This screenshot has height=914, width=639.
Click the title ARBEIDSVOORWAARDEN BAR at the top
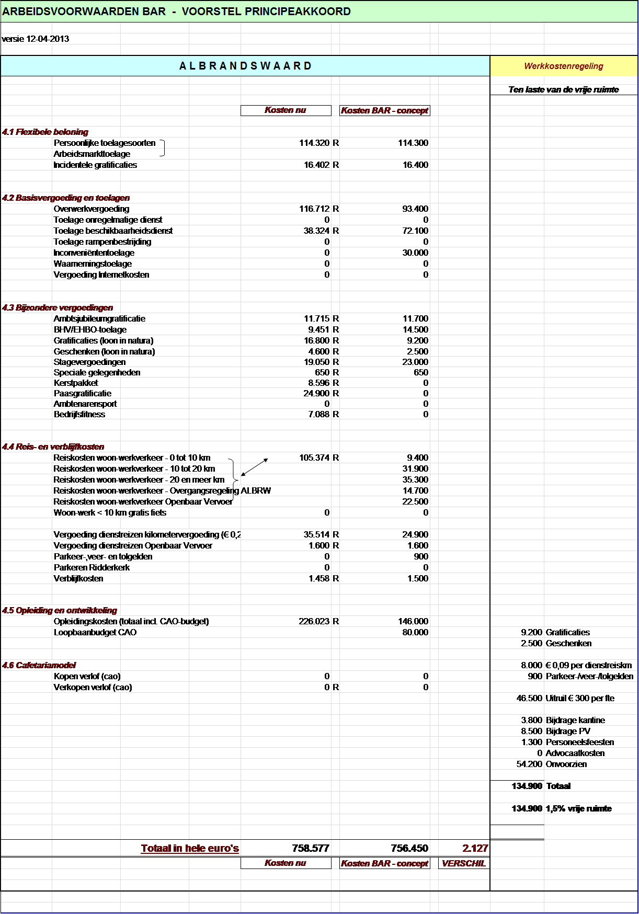click(84, 12)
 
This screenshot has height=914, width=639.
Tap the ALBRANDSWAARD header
click(245, 66)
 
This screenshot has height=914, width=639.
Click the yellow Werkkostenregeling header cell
click(564, 66)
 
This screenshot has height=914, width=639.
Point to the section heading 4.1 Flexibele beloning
click(45, 132)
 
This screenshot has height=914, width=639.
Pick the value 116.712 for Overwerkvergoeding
click(314, 209)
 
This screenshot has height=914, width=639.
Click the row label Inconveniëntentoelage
click(94, 253)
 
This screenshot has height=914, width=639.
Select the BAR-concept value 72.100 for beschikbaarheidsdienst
click(415, 231)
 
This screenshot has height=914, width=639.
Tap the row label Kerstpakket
click(76, 383)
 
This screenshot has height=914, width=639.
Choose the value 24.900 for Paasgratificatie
click(316, 393)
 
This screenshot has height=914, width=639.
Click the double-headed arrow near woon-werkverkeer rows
click(255, 467)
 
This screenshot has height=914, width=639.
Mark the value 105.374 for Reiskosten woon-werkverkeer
click(314, 458)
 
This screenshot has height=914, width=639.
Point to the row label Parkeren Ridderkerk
click(92, 567)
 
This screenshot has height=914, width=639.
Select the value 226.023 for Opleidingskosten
click(314, 621)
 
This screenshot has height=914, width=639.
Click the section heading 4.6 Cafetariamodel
click(39, 665)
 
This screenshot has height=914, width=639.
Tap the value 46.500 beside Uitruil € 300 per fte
click(529, 698)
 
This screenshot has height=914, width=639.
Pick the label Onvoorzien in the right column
click(566, 764)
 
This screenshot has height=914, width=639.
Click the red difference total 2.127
click(475, 848)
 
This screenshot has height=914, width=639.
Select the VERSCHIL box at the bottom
click(463, 863)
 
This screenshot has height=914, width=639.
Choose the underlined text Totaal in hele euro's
click(190, 848)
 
